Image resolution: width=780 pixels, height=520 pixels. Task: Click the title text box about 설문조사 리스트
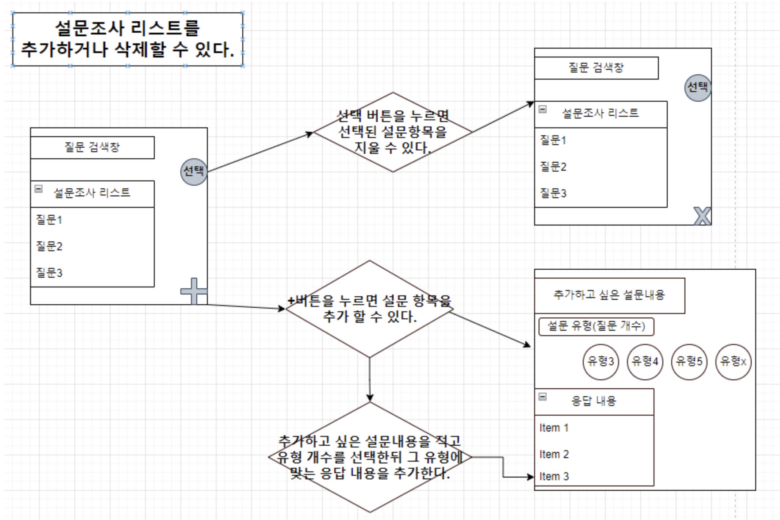click(127, 39)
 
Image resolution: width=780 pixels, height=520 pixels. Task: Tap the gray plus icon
click(194, 291)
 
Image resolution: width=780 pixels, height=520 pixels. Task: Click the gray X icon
click(702, 216)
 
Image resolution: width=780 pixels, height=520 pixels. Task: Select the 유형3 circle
click(600, 362)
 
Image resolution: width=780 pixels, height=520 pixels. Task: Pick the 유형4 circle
click(645, 362)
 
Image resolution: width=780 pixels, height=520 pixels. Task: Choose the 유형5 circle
click(689, 362)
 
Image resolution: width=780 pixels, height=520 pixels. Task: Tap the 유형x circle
click(733, 362)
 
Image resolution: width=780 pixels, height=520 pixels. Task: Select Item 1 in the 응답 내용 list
click(554, 428)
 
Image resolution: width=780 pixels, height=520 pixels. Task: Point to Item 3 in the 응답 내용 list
click(554, 477)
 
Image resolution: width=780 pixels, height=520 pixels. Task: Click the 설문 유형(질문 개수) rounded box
click(596, 326)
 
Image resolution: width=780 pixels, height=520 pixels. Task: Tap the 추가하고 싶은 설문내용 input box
click(609, 295)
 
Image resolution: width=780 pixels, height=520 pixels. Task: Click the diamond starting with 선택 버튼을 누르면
click(393, 132)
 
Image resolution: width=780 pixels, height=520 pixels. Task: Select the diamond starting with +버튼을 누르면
click(370, 309)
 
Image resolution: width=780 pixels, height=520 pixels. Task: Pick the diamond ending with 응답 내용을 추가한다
click(370, 457)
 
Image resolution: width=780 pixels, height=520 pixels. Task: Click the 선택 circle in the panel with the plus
click(194, 172)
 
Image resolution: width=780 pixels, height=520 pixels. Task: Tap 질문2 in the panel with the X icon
click(553, 167)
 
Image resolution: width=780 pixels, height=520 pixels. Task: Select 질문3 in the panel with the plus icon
click(49, 273)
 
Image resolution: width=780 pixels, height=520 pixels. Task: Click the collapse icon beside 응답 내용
click(543, 397)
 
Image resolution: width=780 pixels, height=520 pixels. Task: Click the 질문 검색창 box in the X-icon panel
click(596, 68)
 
